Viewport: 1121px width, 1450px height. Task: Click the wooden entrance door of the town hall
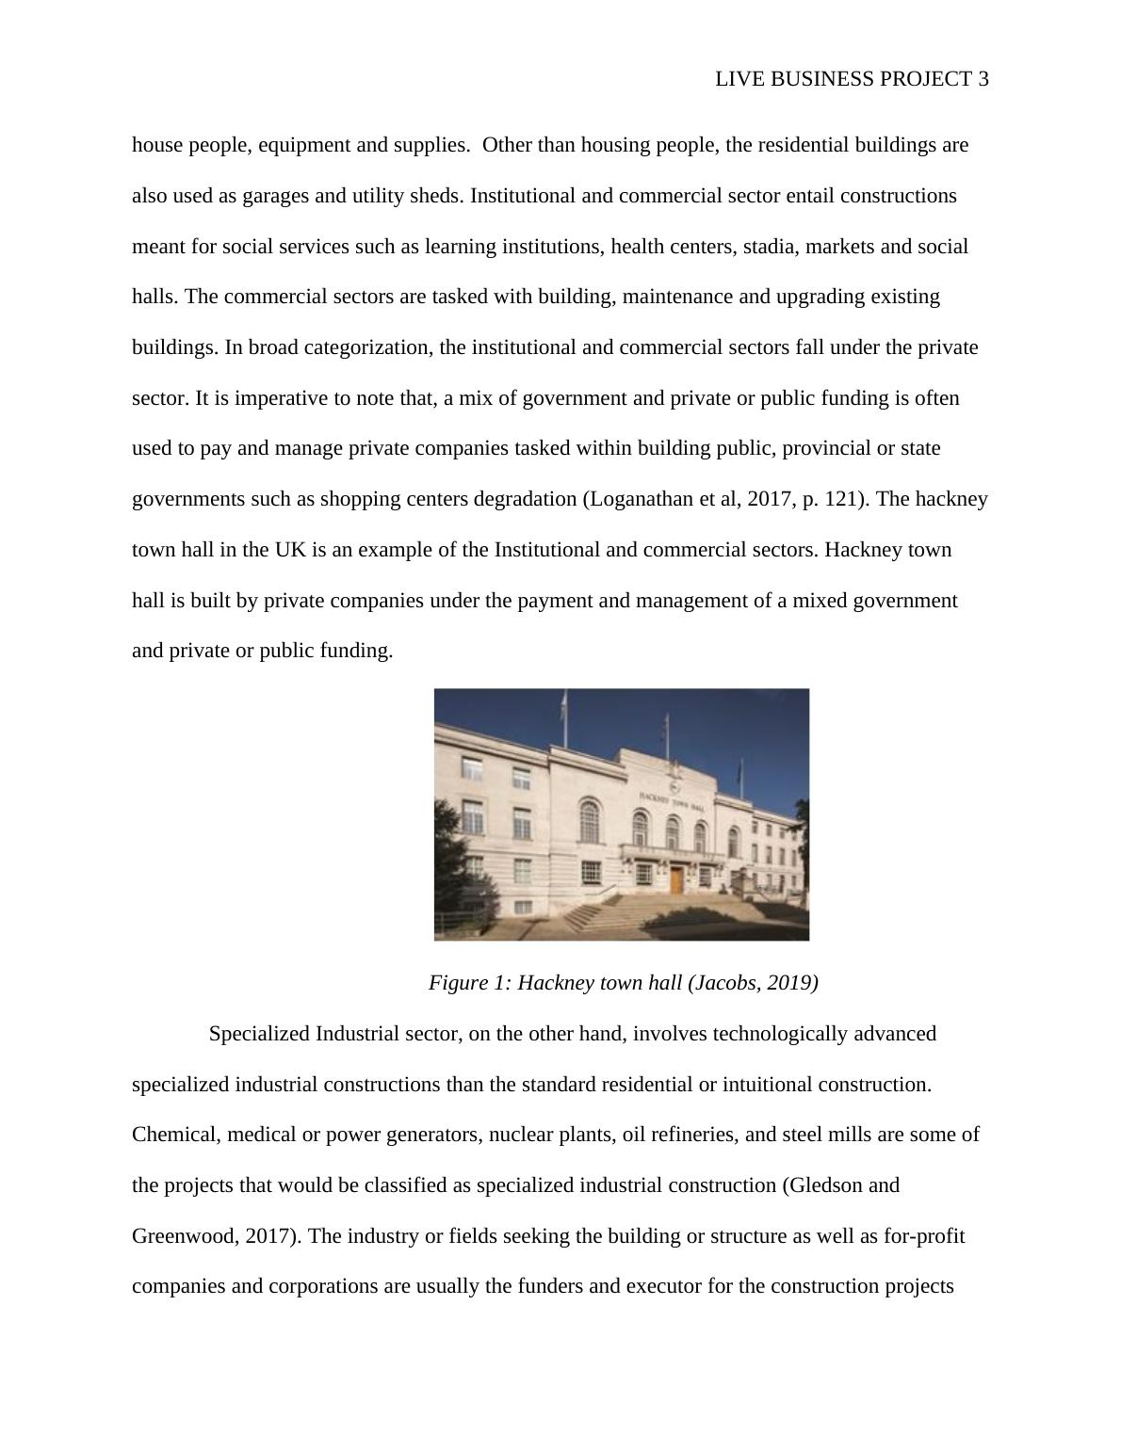676,880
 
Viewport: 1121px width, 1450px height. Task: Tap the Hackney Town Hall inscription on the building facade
672,801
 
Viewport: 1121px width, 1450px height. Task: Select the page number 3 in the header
983,79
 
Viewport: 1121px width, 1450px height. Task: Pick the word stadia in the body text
769,247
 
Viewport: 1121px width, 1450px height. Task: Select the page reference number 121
841,499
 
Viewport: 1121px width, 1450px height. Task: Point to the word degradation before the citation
523,499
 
